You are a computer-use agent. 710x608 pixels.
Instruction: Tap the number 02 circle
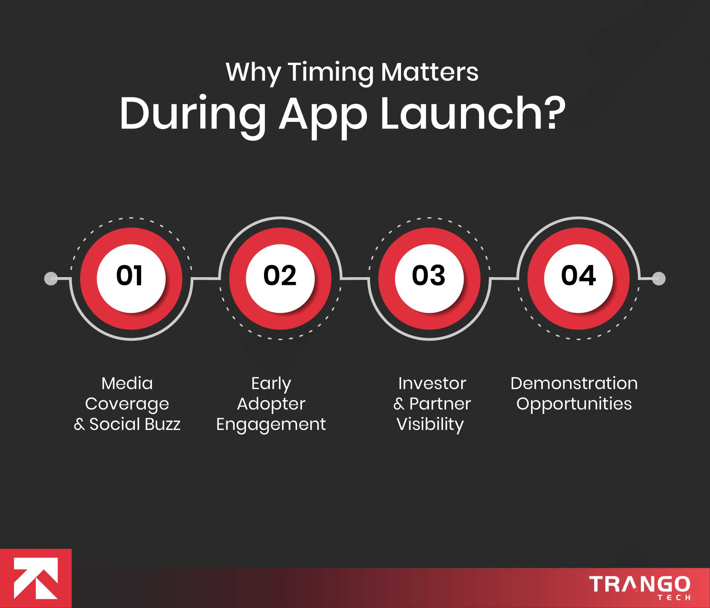pyautogui.click(x=280, y=278)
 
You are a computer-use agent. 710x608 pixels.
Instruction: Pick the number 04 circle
pyautogui.click(x=578, y=278)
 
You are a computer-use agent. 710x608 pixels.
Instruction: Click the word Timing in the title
pyautogui.click(x=331, y=73)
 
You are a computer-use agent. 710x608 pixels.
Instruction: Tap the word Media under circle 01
pyautogui.click(x=127, y=383)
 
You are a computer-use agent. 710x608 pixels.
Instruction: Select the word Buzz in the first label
pyautogui.click(x=163, y=424)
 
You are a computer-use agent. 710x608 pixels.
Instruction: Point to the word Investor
pyautogui.click(x=432, y=383)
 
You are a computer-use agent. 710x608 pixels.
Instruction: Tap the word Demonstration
pyautogui.click(x=574, y=383)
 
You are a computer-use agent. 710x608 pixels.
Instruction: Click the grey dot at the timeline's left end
pyautogui.click(x=51, y=278)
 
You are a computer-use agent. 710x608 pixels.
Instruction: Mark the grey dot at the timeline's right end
pyautogui.click(x=659, y=278)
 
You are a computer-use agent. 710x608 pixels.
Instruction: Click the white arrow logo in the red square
pyautogui.click(x=36, y=578)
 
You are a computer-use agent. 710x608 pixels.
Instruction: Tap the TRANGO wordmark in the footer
pyautogui.click(x=639, y=584)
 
